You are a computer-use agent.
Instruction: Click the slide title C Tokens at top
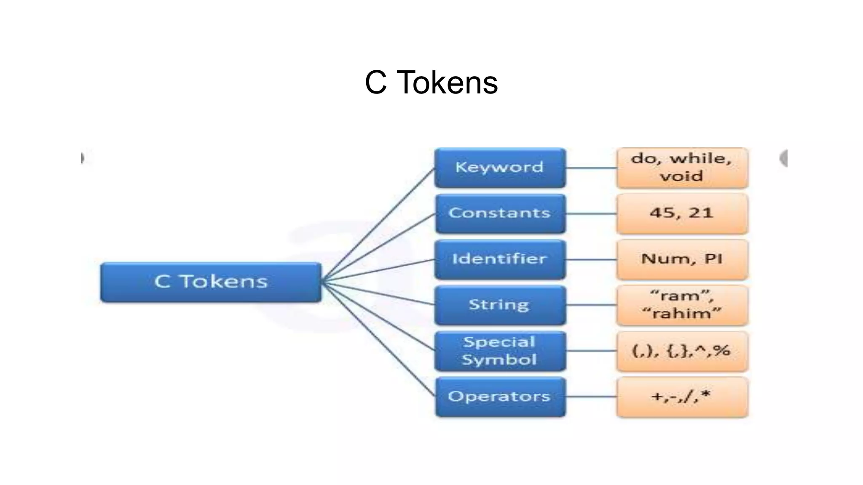(x=431, y=83)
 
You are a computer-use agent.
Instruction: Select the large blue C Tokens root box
(x=211, y=282)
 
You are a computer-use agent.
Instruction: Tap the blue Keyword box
(x=500, y=168)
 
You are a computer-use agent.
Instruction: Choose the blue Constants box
(x=500, y=213)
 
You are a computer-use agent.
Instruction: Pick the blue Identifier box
(x=500, y=259)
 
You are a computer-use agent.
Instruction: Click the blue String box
(x=500, y=305)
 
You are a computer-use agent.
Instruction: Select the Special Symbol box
(x=500, y=351)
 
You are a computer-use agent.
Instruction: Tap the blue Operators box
(x=500, y=397)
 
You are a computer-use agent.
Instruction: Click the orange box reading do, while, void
(x=682, y=168)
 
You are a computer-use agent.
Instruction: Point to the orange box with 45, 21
(x=682, y=213)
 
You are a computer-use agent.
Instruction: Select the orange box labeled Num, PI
(x=682, y=259)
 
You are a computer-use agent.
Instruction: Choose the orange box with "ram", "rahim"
(x=682, y=305)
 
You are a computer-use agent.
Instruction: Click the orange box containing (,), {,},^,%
(x=682, y=351)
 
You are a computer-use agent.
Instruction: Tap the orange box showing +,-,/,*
(x=682, y=397)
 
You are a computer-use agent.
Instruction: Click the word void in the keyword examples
(x=681, y=176)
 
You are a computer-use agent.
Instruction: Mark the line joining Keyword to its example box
(x=591, y=168)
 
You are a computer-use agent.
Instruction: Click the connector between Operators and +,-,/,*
(x=591, y=397)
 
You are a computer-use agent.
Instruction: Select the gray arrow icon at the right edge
(x=783, y=158)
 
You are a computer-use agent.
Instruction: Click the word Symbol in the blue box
(x=499, y=360)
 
